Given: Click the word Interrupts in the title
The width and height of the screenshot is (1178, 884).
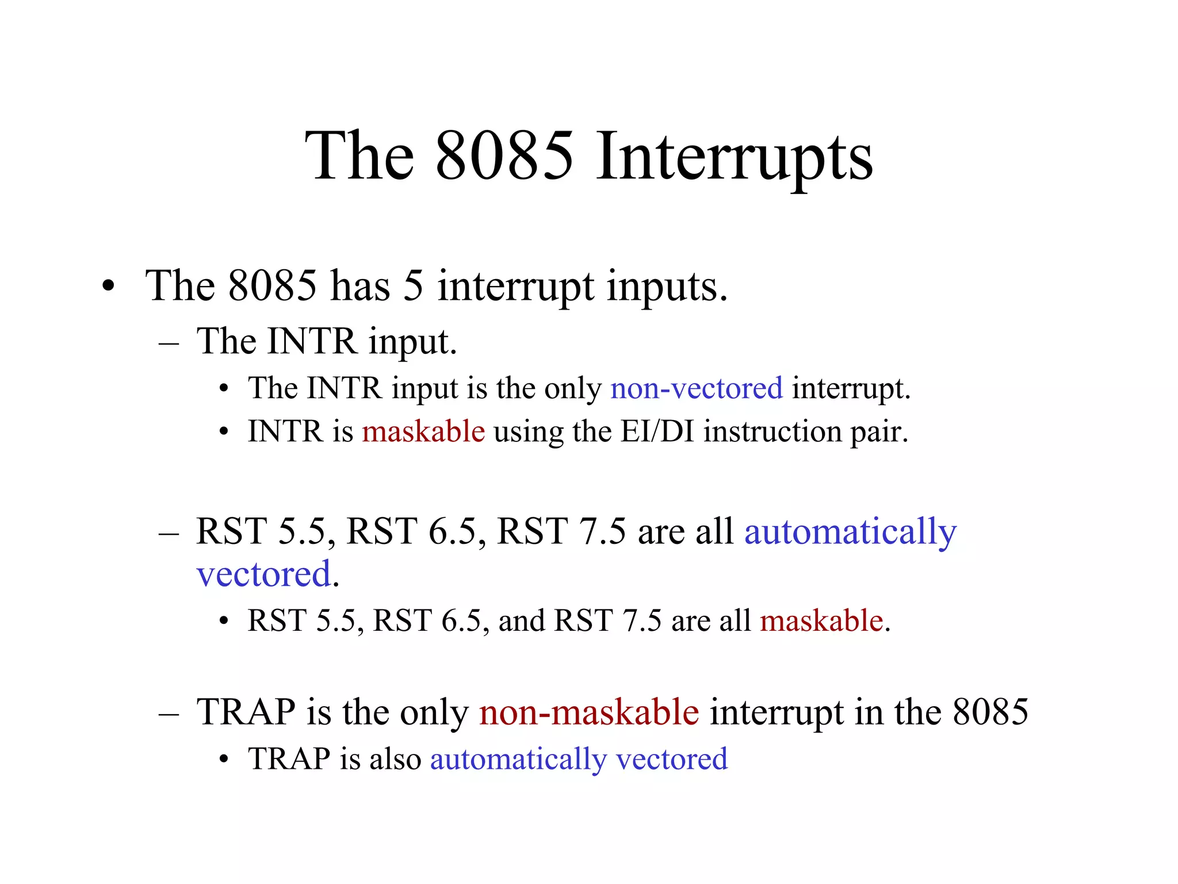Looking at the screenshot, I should (733, 157).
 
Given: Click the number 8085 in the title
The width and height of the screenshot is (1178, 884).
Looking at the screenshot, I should (504, 157).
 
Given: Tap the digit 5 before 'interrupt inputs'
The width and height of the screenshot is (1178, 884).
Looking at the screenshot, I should (413, 286).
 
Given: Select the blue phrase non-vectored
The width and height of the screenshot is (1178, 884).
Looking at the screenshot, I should (696, 388).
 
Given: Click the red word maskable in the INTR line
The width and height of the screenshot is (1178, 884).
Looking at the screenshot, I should (423, 432).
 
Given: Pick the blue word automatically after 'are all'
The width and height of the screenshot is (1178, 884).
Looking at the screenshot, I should (850, 531).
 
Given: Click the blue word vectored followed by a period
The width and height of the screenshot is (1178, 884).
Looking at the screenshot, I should (263, 574).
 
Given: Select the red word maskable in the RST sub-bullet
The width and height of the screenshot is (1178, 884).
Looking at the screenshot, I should (821, 621).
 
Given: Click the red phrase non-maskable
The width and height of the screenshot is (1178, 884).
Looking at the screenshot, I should (589, 712).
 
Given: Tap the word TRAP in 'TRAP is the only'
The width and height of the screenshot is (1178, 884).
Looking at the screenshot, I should (246, 712).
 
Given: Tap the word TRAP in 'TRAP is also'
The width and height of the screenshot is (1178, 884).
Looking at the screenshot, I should (289, 759).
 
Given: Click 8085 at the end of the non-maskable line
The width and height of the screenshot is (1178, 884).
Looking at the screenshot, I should (990, 712).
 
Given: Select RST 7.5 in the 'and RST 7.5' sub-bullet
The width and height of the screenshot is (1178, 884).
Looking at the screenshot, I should (607, 621).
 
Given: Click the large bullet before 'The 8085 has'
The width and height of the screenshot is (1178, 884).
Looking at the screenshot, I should (108, 287).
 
